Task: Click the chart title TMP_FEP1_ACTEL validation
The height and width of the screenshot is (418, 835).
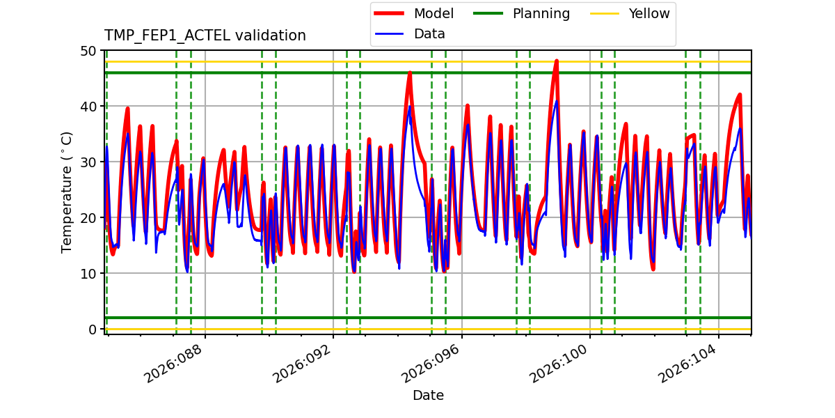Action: [205, 36]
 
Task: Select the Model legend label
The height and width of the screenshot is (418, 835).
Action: [434, 14]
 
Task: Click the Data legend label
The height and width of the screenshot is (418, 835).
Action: [429, 34]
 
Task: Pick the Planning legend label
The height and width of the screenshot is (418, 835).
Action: [541, 14]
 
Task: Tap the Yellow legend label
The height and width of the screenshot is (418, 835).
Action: [649, 14]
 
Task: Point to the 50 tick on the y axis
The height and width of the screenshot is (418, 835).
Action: [88, 51]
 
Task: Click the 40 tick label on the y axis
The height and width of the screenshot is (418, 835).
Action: [88, 107]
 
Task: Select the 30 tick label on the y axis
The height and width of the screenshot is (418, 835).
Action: [88, 162]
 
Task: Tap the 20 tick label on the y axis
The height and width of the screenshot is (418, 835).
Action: [88, 218]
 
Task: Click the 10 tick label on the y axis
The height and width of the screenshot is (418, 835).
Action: [88, 274]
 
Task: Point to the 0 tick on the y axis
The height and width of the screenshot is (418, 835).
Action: [92, 330]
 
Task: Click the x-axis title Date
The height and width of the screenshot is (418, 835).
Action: [428, 396]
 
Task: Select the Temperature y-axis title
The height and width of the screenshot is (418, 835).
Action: [67, 192]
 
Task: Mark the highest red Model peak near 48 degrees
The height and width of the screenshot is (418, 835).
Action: [557, 61]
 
